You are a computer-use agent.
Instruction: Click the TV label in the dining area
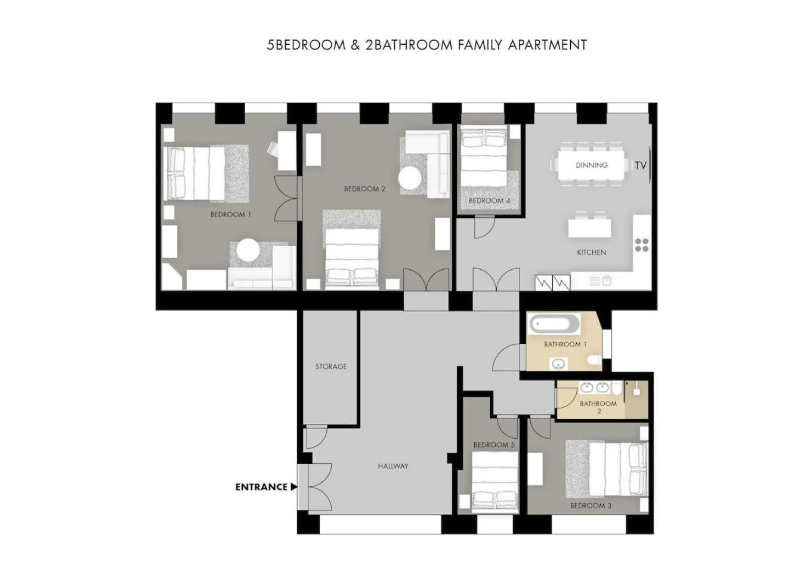coord(641,166)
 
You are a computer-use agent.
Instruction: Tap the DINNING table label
coord(592,165)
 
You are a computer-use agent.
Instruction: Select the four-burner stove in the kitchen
coord(641,245)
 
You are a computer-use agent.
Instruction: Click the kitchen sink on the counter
coord(600,281)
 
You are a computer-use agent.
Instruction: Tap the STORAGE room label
coord(331,366)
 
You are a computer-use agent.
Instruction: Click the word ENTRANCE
coord(261,487)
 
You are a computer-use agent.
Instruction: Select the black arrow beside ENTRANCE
coord(294,487)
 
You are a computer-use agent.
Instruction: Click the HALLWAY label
coord(393,466)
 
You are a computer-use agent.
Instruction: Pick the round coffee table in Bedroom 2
coord(410,178)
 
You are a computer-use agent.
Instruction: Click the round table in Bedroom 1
coord(248,250)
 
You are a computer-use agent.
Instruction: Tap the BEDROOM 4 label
coord(489,201)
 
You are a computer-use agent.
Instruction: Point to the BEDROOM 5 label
coord(494,445)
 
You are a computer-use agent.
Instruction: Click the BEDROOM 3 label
coord(591,506)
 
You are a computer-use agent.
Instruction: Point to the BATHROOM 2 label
coord(598,407)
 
